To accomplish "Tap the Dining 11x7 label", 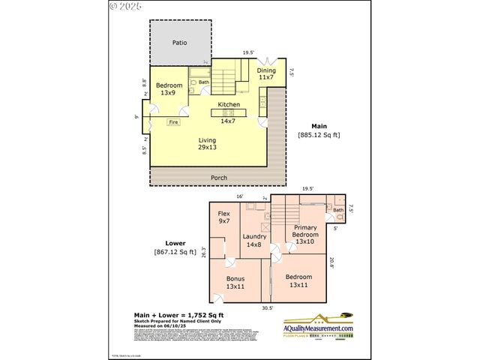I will pos(266,73).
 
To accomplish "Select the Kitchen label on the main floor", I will pos(229,104).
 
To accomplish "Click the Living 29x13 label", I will pos(207,144).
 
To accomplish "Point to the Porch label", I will pos(219,178).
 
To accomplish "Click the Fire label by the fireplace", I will pos(172,121).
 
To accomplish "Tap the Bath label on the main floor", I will pos(204,82).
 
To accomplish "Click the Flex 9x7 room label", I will pos(224,217).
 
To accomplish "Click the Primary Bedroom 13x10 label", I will pos(305,234).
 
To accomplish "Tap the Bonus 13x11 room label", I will pos(235,282).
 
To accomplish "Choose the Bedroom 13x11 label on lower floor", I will pos(298,280).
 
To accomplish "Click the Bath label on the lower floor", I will pos(338,209).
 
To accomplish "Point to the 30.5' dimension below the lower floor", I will pos(267,307).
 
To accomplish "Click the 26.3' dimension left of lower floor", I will pos(203,253).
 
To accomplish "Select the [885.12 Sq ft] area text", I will pos(319,135).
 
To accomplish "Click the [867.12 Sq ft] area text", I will pos(175,252).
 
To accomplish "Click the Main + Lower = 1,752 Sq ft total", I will pos(178,315).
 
